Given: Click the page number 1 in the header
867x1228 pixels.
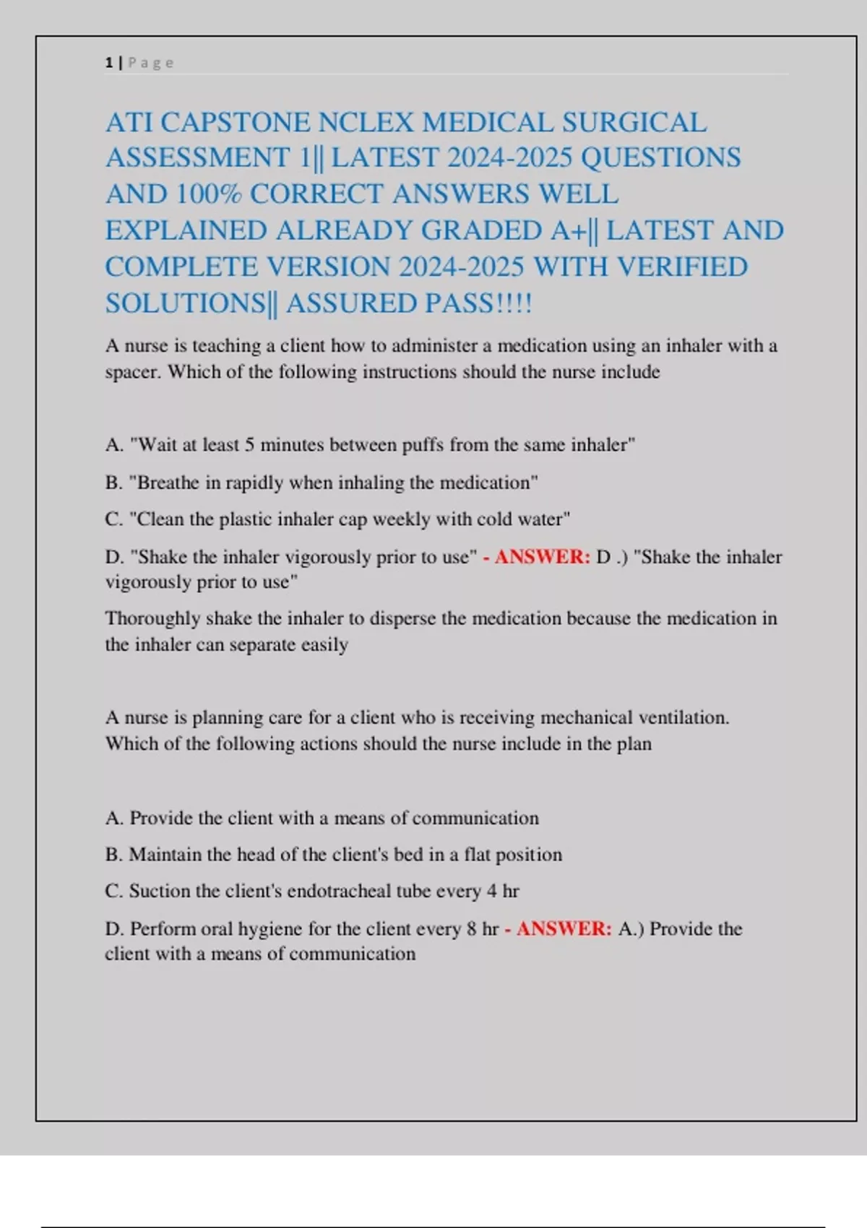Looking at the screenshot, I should coord(108,63).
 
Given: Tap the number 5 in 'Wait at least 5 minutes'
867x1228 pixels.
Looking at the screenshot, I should coord(249,445).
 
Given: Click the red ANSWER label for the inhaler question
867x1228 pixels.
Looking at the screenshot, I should coord(542,557).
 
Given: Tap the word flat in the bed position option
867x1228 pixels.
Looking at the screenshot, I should coord(477,855).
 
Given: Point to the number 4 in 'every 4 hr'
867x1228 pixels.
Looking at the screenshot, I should coord(491,891).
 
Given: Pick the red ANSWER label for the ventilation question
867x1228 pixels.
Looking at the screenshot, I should coord(564,929).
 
